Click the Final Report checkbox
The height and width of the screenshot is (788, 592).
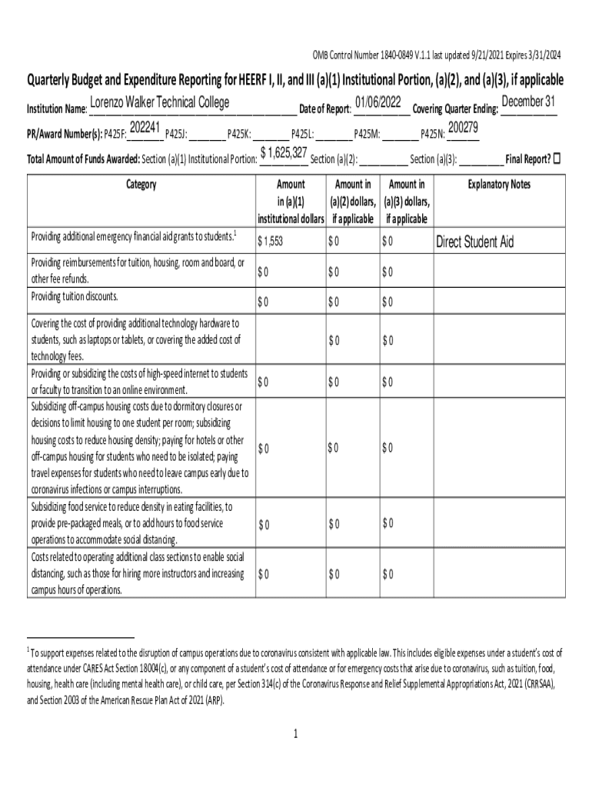(557, 159)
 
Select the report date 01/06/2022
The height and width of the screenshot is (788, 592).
(378, 102)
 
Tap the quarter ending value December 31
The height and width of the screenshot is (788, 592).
(528, 102)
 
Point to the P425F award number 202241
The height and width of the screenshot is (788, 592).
(145, 128)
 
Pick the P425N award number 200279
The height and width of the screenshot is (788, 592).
(464, 128)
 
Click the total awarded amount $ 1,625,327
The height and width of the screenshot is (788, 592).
(284, 152)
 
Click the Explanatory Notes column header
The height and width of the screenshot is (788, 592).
(499, 185)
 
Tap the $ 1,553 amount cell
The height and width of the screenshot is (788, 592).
(271, 242)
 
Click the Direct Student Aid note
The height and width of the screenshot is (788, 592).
(475, 242)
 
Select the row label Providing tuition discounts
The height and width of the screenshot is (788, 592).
(75, 296)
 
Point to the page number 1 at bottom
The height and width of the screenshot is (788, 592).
(295, 733)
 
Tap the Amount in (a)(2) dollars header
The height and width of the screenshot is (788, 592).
(353, 202)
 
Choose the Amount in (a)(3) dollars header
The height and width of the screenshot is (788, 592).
(407, 202)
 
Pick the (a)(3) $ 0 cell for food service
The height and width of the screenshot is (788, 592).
(387, 524)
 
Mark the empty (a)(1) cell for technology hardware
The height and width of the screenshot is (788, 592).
(289, 340)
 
